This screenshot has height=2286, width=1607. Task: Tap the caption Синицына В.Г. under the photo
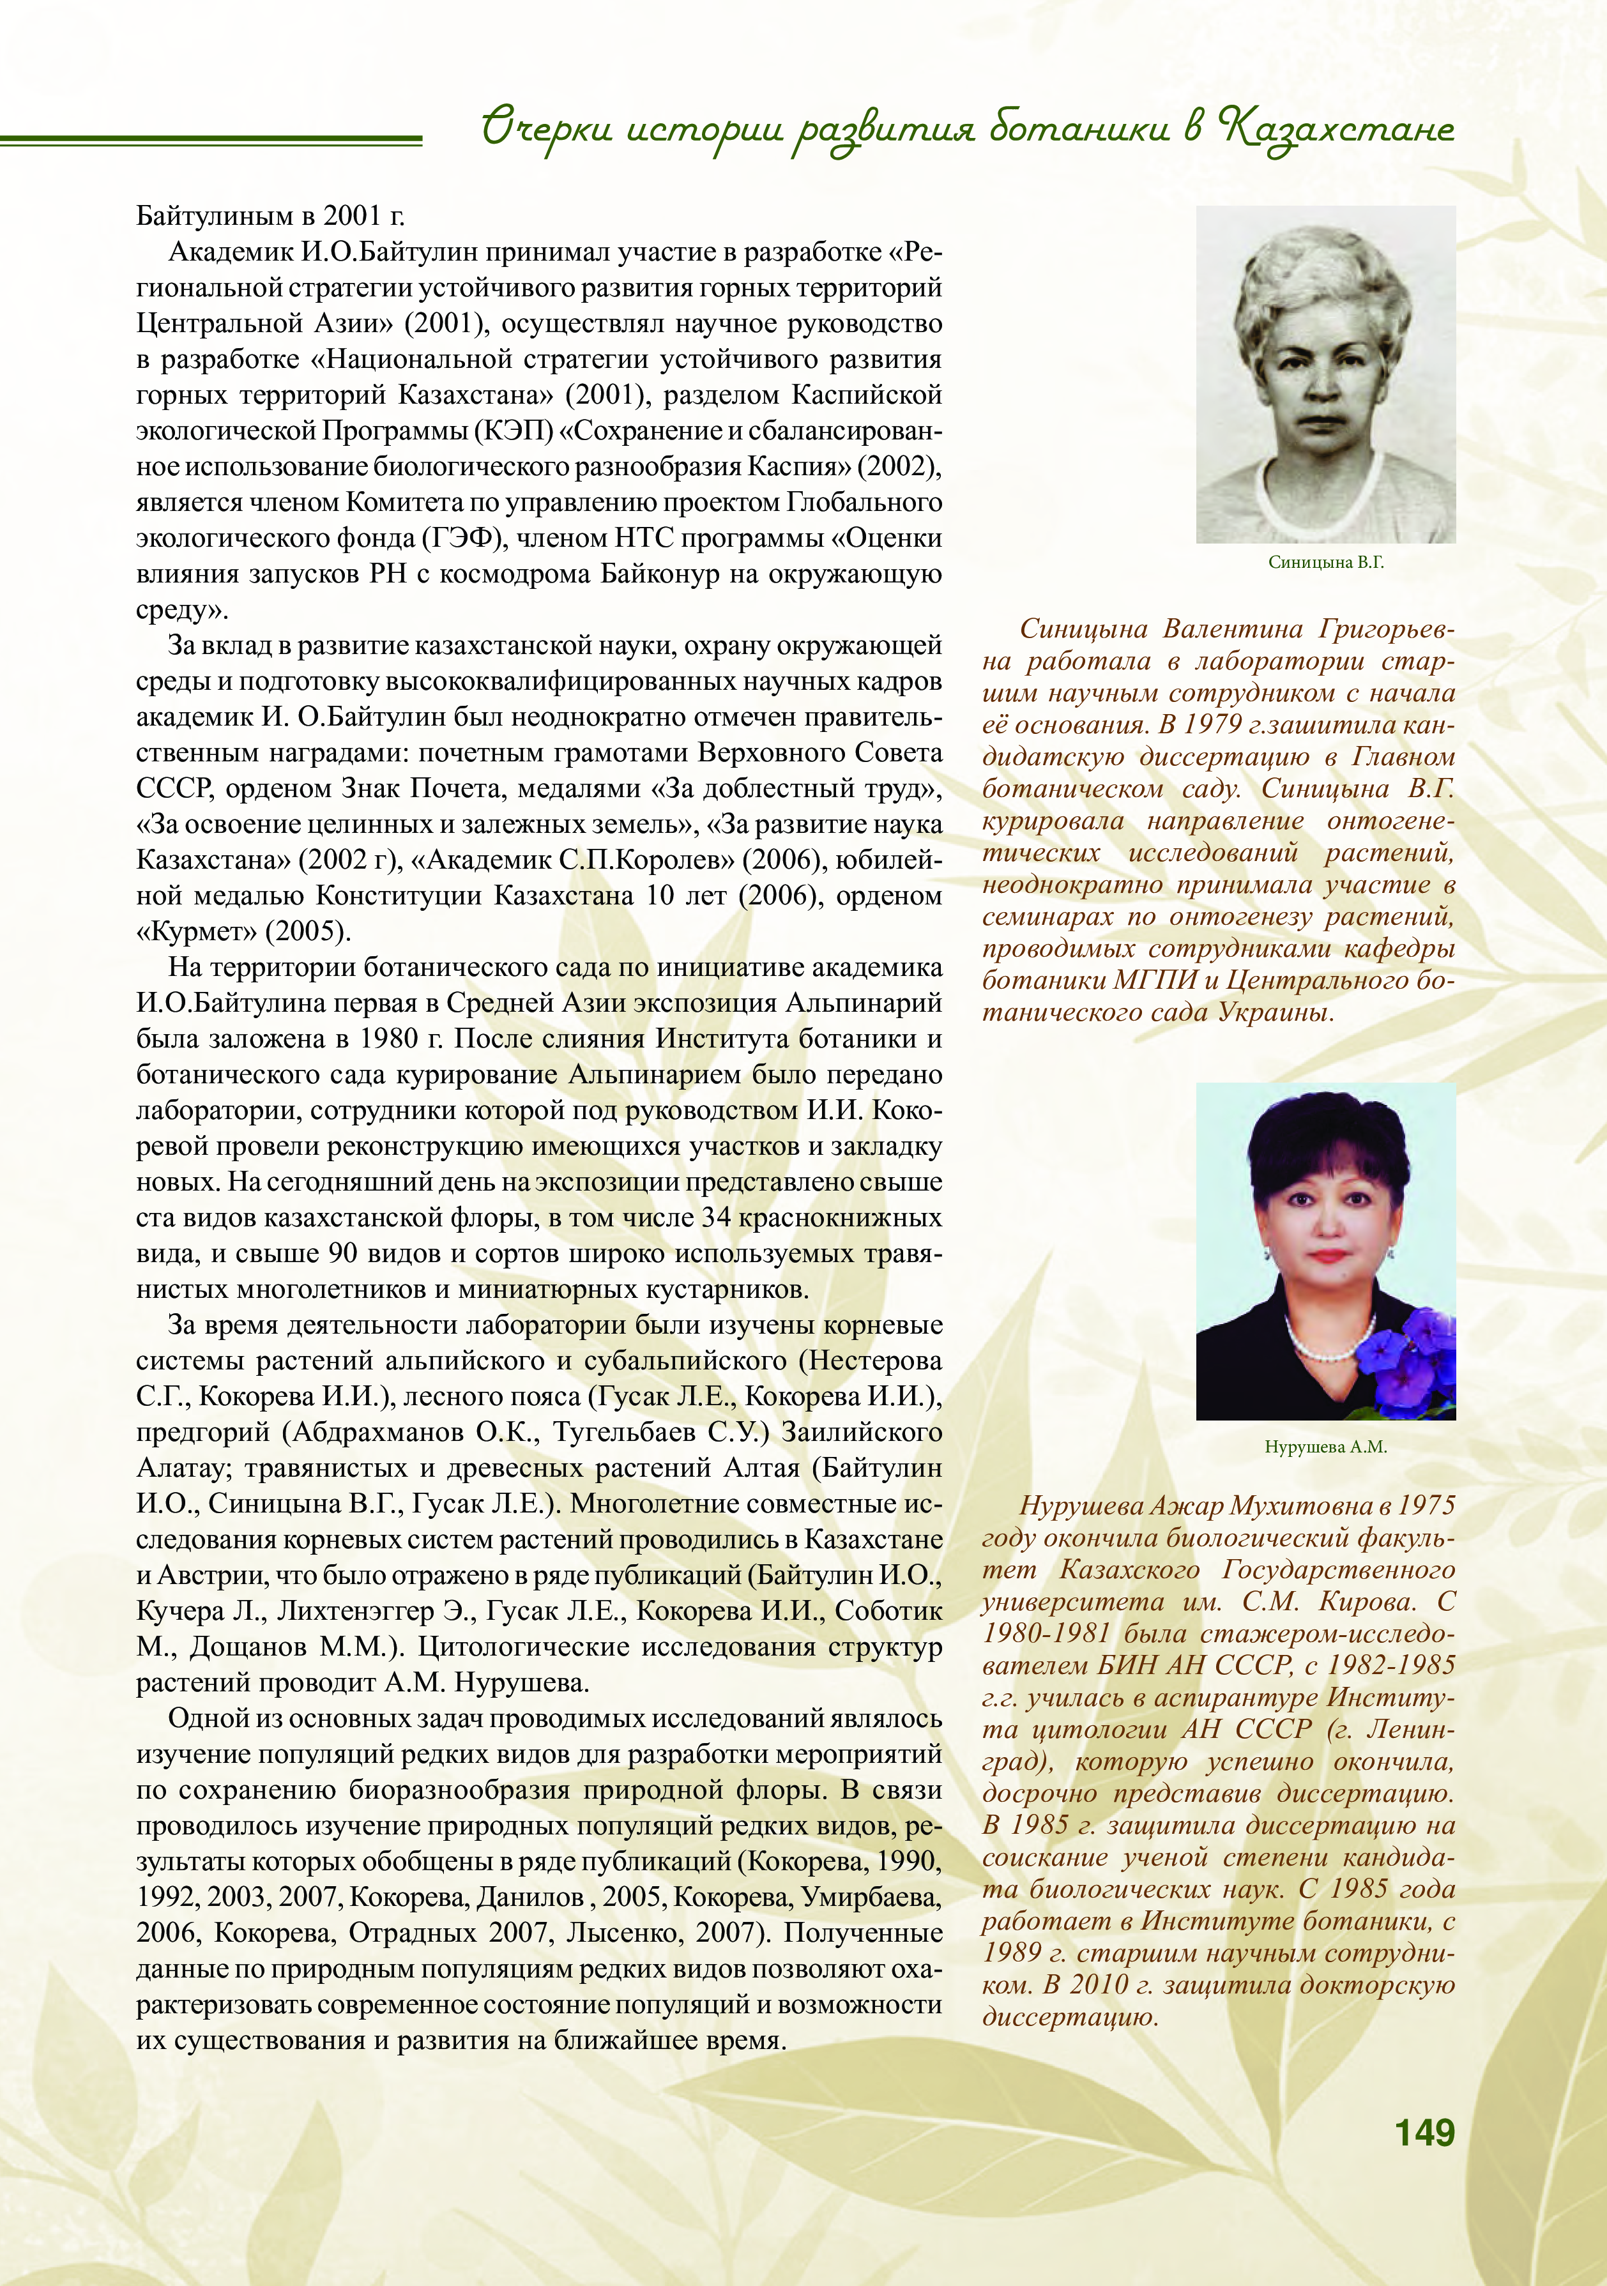[1325, 563]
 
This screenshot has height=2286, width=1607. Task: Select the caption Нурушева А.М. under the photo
[1325, 1447]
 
